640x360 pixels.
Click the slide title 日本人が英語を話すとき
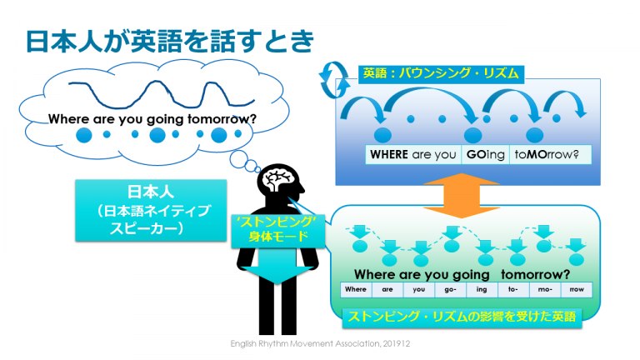170,41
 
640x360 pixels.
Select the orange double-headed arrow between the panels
461,195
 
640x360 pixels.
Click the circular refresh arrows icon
334,80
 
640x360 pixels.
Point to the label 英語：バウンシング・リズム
441,74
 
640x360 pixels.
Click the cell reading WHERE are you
413,155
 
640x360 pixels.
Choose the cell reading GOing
485,155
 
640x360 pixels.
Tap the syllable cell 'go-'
450,290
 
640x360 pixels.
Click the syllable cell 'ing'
482,290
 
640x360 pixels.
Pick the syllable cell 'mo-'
545,290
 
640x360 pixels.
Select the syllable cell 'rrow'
577,290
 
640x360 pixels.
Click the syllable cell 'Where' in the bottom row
356,290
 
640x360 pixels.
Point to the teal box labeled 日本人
151,210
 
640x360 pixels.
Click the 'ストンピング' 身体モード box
278,231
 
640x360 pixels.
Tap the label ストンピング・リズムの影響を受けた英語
462,317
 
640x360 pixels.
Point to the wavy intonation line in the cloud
162,94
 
